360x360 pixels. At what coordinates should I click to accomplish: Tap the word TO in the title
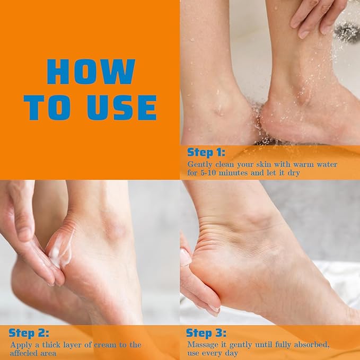50,108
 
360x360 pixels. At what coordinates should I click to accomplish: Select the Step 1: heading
206,153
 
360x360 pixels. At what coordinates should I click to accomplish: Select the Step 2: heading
29,333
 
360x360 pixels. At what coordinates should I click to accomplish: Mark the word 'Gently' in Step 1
200,164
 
